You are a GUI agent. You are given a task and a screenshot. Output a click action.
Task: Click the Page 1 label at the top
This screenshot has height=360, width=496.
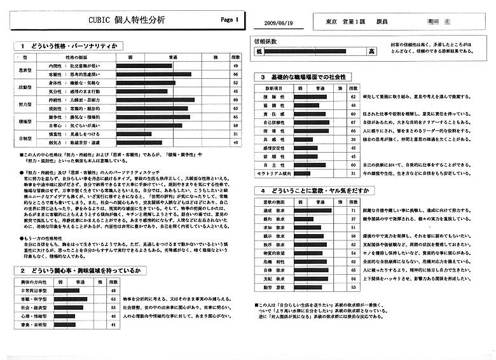230,20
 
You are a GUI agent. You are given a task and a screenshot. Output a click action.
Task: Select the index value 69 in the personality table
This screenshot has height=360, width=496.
235,100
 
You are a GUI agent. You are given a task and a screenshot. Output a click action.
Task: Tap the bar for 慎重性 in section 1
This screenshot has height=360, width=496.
134,134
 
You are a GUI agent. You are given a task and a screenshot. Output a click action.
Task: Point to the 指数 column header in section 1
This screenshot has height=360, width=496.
235,57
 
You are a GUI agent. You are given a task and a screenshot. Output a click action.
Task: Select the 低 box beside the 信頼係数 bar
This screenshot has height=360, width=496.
259,51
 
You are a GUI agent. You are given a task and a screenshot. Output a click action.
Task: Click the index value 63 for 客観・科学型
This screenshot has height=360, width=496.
113,298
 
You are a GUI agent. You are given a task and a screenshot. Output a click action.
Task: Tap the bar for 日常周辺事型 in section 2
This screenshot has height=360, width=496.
65,289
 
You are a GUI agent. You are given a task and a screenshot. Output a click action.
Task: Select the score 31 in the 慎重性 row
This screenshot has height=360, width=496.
235,134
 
